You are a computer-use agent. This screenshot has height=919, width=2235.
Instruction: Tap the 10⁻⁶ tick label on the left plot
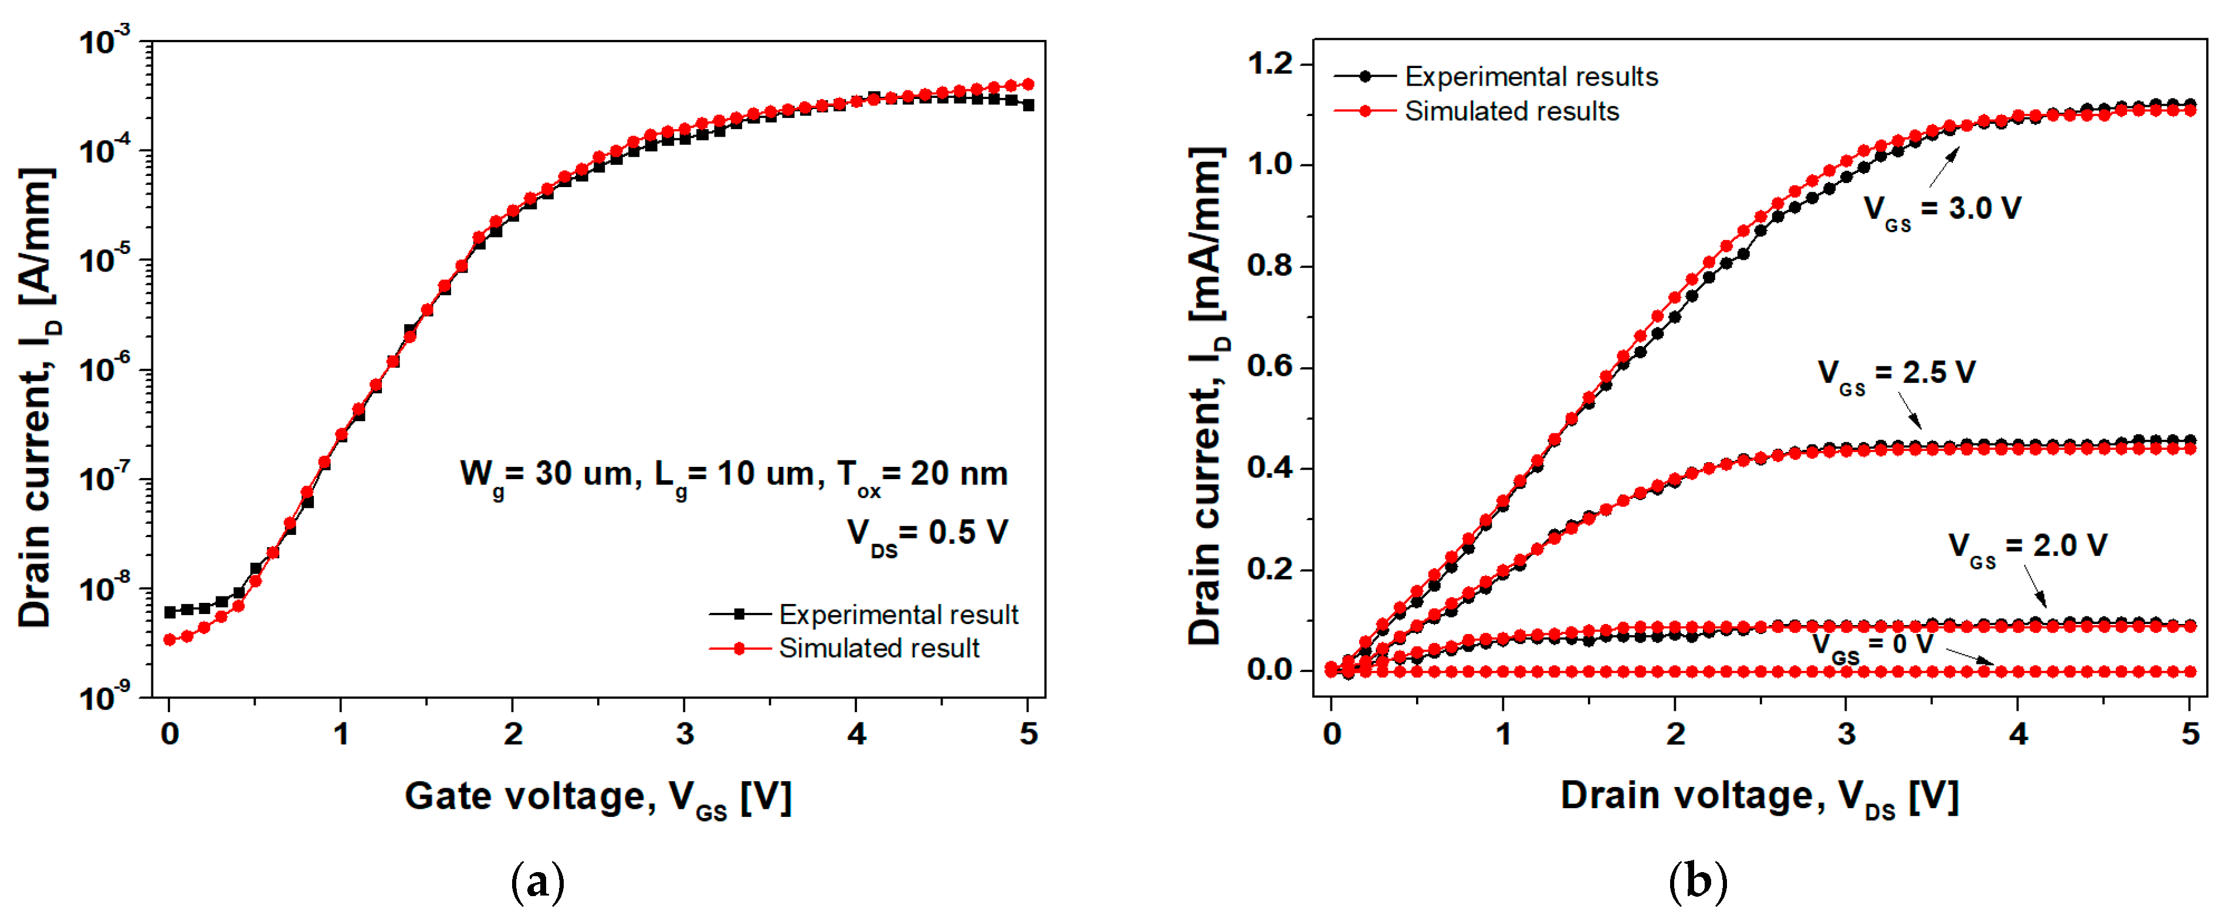104,369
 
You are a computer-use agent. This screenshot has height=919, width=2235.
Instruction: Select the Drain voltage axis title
1759,796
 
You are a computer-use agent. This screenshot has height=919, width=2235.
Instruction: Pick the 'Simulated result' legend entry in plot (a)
878,648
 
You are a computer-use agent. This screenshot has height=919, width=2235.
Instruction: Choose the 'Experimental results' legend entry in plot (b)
1530,76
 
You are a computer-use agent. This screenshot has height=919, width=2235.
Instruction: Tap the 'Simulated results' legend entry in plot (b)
1511,111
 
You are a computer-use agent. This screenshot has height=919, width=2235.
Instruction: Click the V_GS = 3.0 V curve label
1942,210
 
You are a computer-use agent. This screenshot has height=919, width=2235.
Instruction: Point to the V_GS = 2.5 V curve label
1896,374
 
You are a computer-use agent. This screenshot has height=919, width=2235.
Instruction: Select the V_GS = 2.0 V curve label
2027,547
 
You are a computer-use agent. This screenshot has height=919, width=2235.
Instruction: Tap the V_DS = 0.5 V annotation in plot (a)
927,533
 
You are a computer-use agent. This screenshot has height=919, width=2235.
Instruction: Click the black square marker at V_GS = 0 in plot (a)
170,612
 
